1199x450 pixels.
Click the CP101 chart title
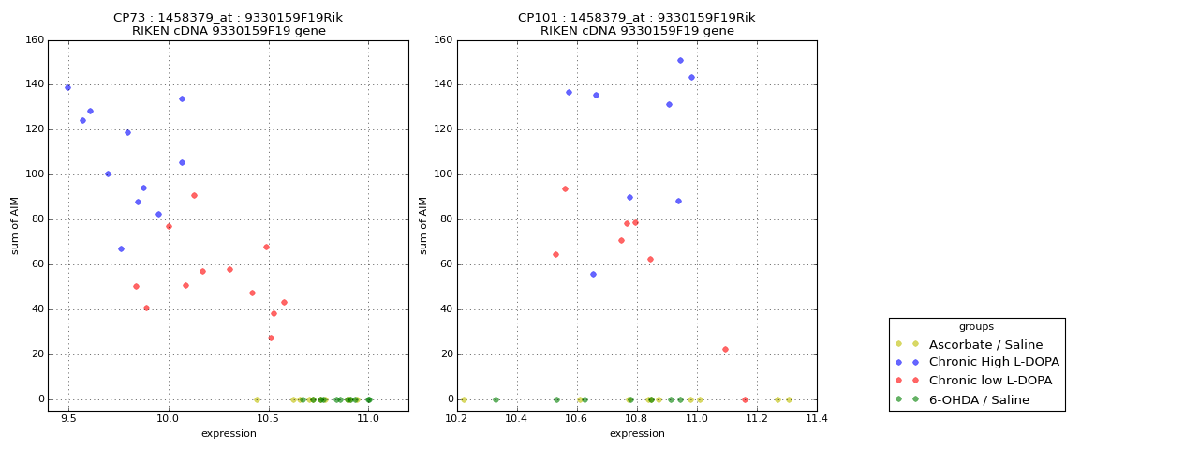(x=637, y=24)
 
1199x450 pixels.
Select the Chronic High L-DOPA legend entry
(x=994, y=362)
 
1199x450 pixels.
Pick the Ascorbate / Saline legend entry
(x=985, y=344)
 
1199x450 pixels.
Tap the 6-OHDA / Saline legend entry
(x=979, y=399)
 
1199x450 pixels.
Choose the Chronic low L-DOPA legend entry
(x=990, y=381)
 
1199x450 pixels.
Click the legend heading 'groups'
(x=976, y=326)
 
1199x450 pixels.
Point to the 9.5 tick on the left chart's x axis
(x=68, y=421)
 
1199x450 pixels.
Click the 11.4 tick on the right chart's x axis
(x=817, y=421)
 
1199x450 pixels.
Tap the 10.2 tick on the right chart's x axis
(x=456, y=421)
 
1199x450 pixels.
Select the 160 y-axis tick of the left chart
(x=35, y=40)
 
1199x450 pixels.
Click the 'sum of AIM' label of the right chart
(x=423, y=225)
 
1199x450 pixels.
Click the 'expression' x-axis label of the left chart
(x=229, y=433)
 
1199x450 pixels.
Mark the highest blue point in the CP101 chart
(x=680, y=60)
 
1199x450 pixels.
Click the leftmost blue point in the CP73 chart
(x=67, y=87)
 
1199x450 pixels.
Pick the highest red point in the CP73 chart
(x=194, y=195)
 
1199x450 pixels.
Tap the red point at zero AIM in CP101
(x=745, y=399)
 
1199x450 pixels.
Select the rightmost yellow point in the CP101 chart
(x=789, y=399)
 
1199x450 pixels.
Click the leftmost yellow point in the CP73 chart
(x=257, y=399)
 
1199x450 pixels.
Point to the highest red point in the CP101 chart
(x=565, y=188)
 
